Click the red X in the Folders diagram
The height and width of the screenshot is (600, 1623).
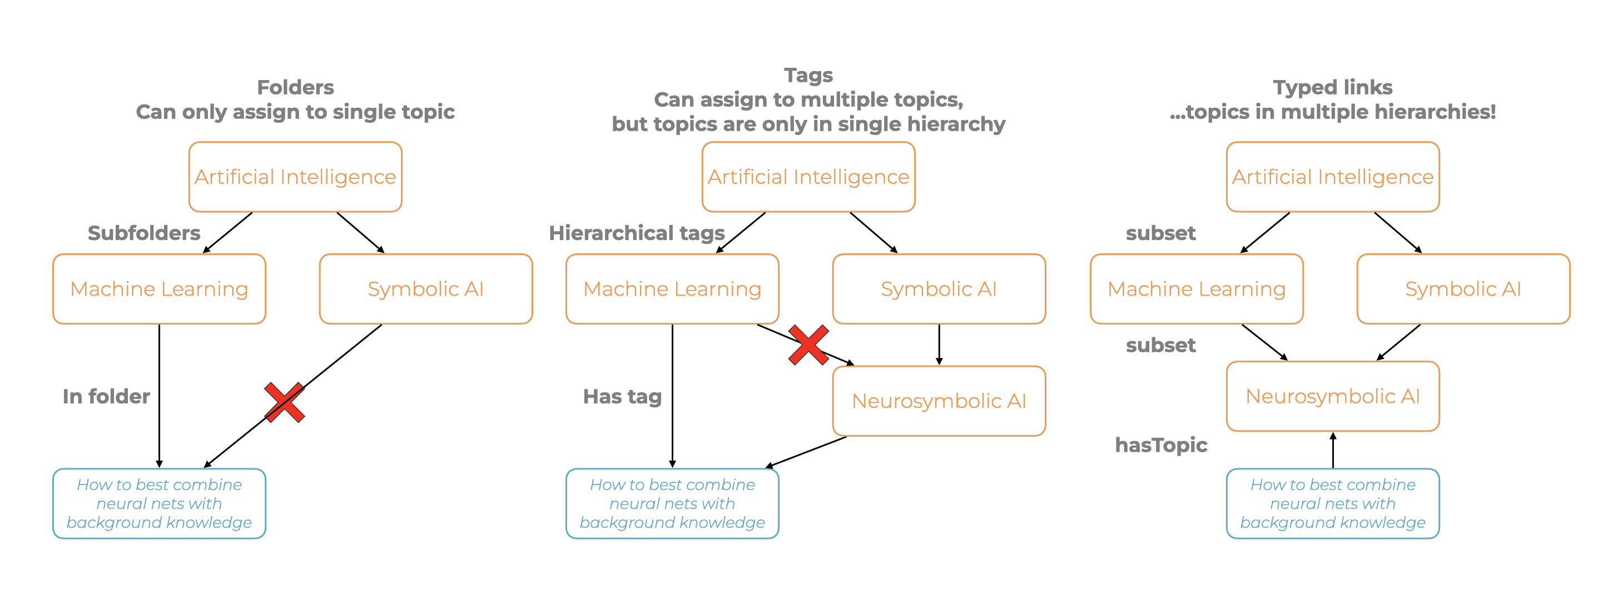pos(284,402)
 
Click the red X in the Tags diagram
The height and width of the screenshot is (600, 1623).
pos(808,345)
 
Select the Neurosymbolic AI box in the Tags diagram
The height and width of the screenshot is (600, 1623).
pos(939,401)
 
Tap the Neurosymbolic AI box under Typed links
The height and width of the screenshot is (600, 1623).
pos(1333,396)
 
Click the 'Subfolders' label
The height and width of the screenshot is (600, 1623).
pos(143,233)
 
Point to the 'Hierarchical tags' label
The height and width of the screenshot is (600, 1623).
pos(636,233)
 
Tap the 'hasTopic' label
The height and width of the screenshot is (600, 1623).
pos(1160,445)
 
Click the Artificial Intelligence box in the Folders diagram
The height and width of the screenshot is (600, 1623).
pos(295,177)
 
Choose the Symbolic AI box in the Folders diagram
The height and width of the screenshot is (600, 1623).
pos(425,289)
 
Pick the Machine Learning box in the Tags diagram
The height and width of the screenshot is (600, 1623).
pos(672,289)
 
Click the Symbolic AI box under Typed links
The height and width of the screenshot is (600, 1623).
pos(1463,289)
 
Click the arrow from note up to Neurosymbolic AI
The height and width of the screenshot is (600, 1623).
pos(1333,450)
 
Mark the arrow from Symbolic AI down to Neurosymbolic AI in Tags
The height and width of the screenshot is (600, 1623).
pos(939,344)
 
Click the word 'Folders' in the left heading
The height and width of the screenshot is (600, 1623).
pos(295,87)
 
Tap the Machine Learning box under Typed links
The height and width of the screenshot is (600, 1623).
pos(1196,289)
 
